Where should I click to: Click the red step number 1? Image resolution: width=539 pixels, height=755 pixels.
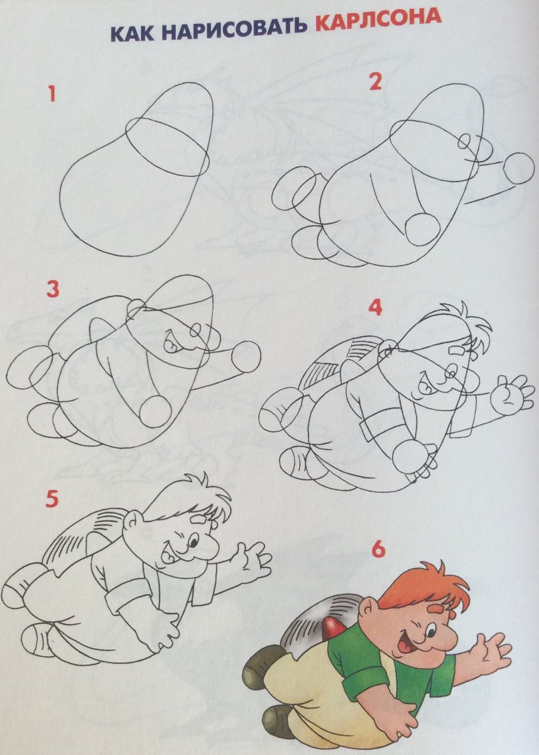(52, 94)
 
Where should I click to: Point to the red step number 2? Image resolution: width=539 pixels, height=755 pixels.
(375, 82)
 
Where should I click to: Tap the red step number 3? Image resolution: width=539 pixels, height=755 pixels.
(53, 289)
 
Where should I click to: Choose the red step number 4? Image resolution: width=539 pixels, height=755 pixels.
(375, 308)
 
